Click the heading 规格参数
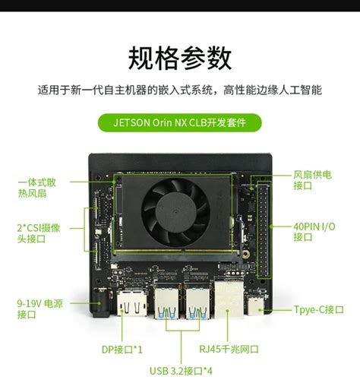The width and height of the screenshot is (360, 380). tap(180, 57)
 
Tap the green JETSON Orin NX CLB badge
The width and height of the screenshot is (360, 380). tap(180, 122)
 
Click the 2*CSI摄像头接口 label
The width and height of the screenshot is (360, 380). tap(39, 233)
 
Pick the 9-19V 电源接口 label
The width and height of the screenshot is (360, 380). tap(39, 308)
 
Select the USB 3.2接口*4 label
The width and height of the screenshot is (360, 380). tap(180, 370)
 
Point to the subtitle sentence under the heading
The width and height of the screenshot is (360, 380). tap(180, 90)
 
